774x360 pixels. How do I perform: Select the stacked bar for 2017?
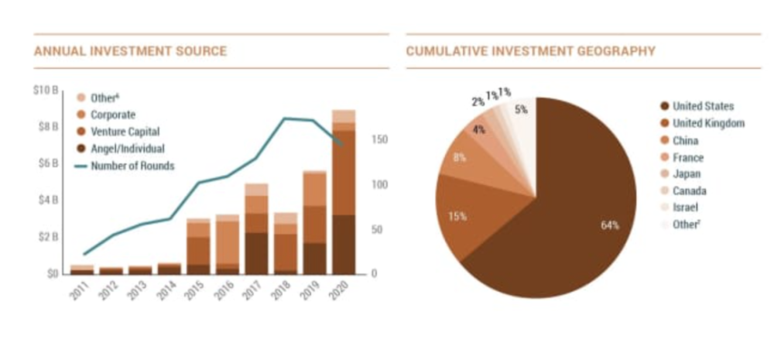(x=256, y=229)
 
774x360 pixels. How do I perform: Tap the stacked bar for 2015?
(x=198, y=246)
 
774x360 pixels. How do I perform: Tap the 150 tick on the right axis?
(x=378, y=140)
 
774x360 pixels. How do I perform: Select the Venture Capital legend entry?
(x=124, y=132)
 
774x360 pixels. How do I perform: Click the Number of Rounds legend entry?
(x=132, y=166)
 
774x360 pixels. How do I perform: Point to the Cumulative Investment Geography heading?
(x=530, y=51)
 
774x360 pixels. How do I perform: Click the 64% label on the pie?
(x=610, y=225)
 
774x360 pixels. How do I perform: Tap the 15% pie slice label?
(x=457, y=216)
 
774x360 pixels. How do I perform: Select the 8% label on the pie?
(x=459, y=158)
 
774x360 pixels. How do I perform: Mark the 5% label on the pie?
(x=521, y=110)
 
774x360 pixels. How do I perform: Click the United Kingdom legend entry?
(x=707, y=123)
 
